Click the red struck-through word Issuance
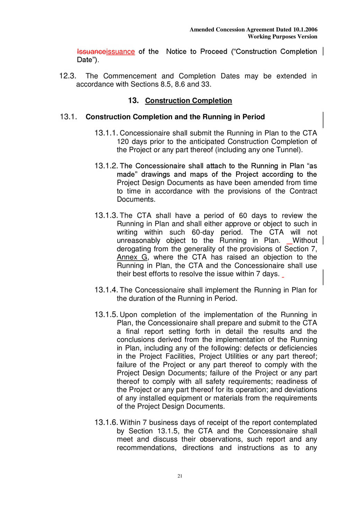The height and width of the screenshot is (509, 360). click(91, 52)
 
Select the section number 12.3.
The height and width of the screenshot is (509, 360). click(67, 76)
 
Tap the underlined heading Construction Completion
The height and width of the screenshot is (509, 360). click(188, 101)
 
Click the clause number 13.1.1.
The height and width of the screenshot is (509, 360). click(106, 133)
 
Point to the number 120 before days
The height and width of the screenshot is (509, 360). click(123, 142)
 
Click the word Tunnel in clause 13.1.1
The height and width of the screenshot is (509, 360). click(288, 150)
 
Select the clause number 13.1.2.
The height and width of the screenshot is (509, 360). click(106, 166)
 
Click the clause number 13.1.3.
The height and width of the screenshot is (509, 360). click(106, 216)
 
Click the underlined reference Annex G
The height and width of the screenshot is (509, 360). click(132, 257)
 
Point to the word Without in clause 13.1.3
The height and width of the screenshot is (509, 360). click(305, 240)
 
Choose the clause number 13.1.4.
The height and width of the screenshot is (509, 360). click(106, 290)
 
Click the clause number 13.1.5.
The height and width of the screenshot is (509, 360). click(106, 315)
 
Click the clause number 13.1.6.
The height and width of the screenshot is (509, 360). click(106, 423)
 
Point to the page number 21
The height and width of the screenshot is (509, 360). click(180, 476)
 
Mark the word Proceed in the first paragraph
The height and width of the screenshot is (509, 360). click(214, 52)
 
